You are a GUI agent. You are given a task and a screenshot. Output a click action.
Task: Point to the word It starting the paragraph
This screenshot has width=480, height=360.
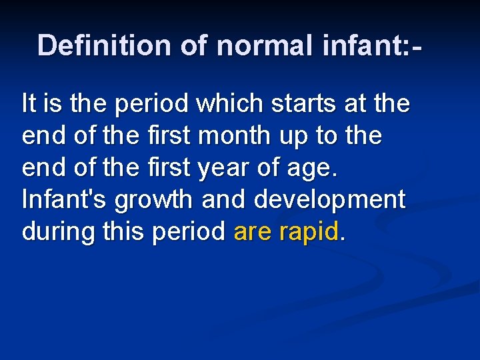[x=29, y=104]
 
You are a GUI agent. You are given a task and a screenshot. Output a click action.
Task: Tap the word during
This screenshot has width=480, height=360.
[x=59, y=231]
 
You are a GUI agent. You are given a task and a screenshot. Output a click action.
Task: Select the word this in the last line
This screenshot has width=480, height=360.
[x=126, y=231]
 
